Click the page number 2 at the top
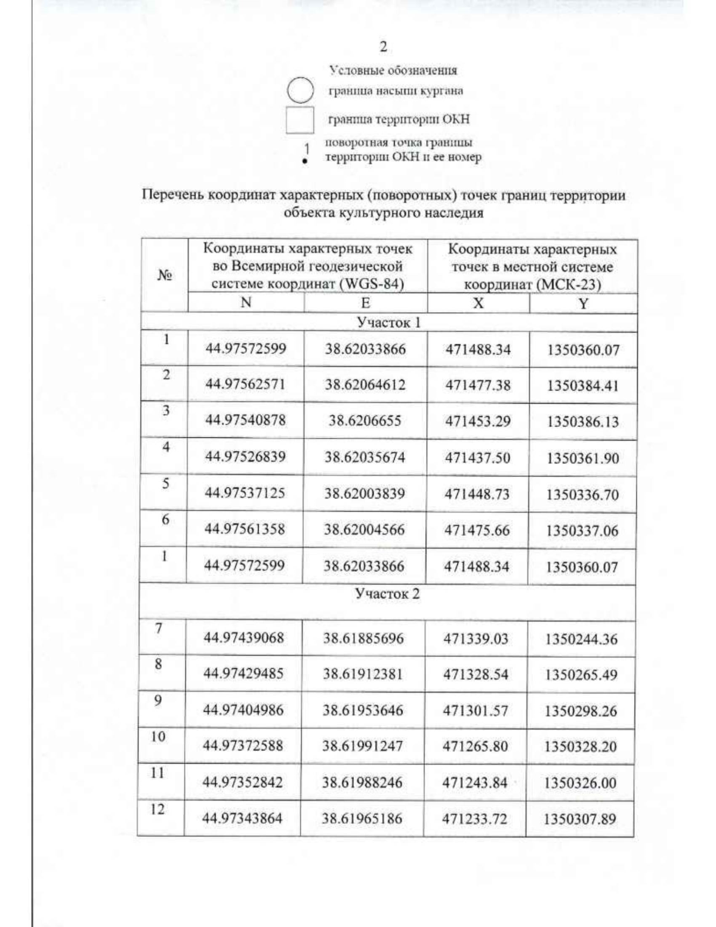coord(384,47)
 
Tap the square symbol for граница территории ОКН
coord(300,119)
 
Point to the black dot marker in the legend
coord(305,161)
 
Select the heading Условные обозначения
coord(393,70)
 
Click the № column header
coord(165,275)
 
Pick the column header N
coord(246,303)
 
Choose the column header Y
coord(583,304)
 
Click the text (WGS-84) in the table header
coord(371,284)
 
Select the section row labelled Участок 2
coord(387,594)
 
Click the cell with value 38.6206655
coord(365,421)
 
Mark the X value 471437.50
coord(478,458)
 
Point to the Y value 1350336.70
coord(582,495)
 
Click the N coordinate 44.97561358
coord(245,529)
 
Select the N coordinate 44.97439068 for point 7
coord(244,638)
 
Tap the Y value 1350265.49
coord(580,675)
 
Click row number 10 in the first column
coord(158,737)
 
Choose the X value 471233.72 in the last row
coord(474,819)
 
